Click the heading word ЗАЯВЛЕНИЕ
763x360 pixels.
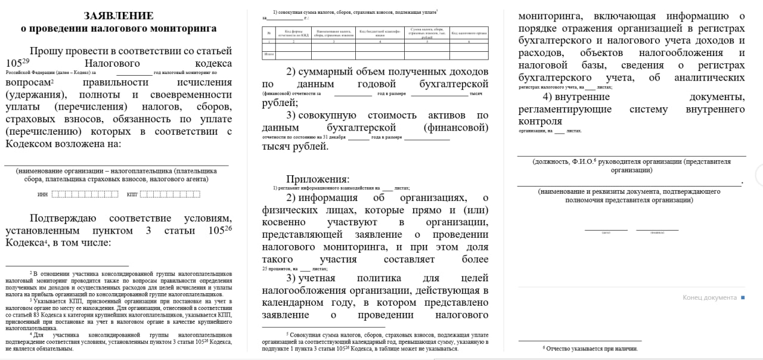(x=119, y=15)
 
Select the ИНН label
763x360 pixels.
(x=42, y=194)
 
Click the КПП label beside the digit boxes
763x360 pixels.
(x=132, y=194)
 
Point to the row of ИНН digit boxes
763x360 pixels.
(x=81, y=194)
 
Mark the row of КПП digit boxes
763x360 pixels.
(x=169, y=194)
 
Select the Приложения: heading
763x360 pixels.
(x=318, y=179)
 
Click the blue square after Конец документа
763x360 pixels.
(x=743, y=297)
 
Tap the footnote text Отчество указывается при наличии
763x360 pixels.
(x=592, y=349)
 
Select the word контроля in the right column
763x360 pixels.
(x=541, y=122)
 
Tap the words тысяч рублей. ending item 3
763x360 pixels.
(x=295, y=146)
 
